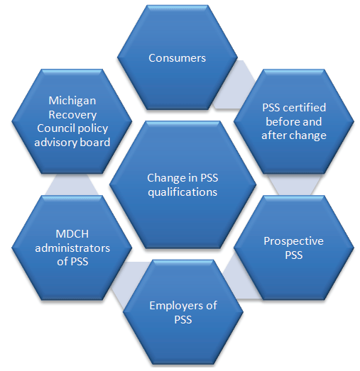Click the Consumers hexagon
click(177, 57)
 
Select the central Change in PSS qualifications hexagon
click(182, 184)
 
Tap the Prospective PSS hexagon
click(294, 248)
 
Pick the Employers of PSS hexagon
click(183, 312)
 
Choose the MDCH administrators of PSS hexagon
click(72, 248)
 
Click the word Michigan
click(72, 101)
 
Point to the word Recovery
click(72, 115)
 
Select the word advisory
click(55, 143)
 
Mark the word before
click(281, 121)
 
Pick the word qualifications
click(182, 192)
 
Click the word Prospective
click(294, 241)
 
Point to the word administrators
click(72, 248)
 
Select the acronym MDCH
click(72, 234)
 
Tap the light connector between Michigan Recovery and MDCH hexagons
click(72, 184)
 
